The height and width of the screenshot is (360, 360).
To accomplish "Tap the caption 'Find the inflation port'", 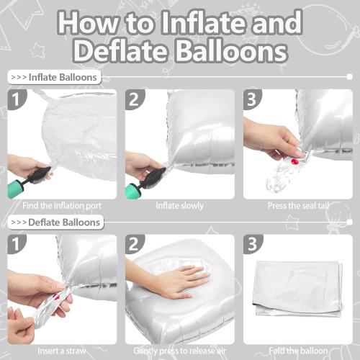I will pyautogui.click(x=62, y=205).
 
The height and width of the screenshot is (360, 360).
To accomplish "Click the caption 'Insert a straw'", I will pyautogui.click(x=62, y=350).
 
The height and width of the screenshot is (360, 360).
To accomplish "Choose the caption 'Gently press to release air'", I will pyautogui.click(x=179, y=350).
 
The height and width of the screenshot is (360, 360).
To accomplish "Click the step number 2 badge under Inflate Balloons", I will pyautogui.click(x=135, y=99).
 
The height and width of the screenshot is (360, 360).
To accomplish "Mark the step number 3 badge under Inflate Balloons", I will pyautogui.click(x=253, y=99).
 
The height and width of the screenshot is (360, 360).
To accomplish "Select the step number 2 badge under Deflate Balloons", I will pyautogui.click(x=135, y=245).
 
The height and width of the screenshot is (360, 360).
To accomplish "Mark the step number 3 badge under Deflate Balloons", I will pyautogui.click(x=253, y=245).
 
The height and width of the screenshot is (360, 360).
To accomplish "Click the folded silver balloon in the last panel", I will pyautogui.click(x=299, y=288).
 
